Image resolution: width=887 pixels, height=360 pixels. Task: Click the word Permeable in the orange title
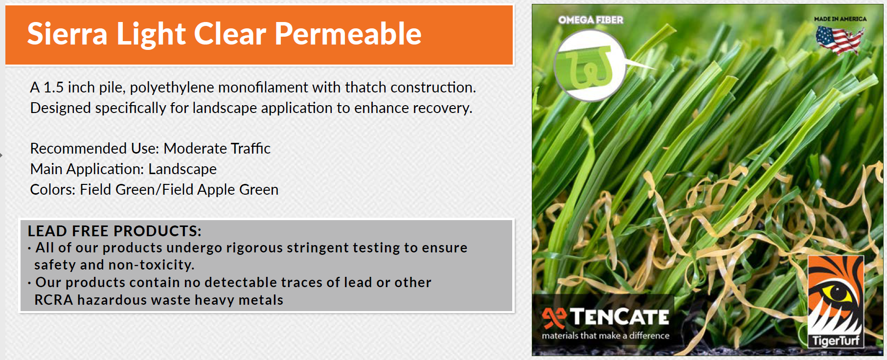coord(348,34)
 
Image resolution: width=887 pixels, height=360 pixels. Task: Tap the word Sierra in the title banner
coord(67,34)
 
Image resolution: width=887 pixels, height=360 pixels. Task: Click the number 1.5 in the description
coord(54,88)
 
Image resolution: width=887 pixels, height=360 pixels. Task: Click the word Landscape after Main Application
coord(182,169)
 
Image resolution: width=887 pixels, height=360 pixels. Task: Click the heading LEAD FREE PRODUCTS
coord(114,231)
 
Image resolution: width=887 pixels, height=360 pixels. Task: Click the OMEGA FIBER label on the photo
coord(591,20)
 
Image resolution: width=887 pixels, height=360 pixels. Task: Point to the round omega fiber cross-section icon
coord(590,66)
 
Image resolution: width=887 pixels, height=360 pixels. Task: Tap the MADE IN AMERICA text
coord(840,19)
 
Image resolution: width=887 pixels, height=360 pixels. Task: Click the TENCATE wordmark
coord(619,317)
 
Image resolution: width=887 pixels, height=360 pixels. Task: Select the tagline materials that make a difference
coord(605,336)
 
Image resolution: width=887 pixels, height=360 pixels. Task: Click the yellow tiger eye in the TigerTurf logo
coord(837,293)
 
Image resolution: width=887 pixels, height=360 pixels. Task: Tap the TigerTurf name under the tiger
coord(836,340)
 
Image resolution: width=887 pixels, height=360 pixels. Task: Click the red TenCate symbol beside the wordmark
coord(554,318)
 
